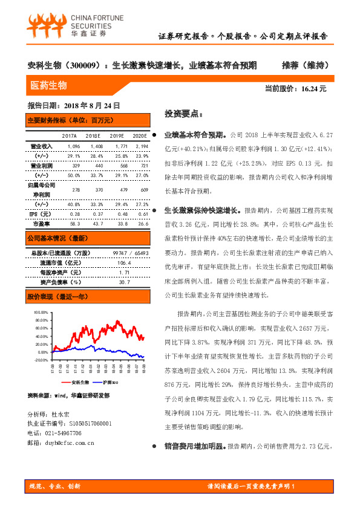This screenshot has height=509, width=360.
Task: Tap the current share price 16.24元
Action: tap(313, 89)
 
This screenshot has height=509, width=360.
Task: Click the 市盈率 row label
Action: tap(41, 224)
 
